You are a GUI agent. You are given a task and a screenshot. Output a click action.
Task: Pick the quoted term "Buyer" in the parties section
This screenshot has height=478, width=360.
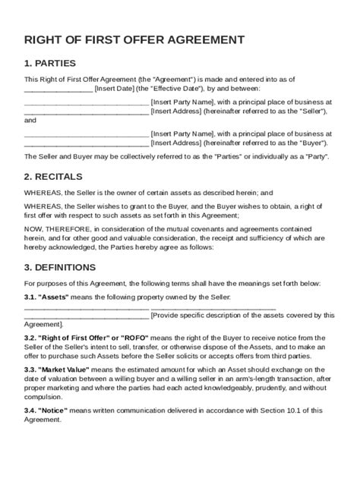tap(311, 141)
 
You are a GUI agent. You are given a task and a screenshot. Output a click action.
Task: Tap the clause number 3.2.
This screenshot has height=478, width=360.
tap(31, 336)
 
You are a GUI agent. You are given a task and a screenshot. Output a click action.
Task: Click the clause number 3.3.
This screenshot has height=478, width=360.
tap(31, 368)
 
